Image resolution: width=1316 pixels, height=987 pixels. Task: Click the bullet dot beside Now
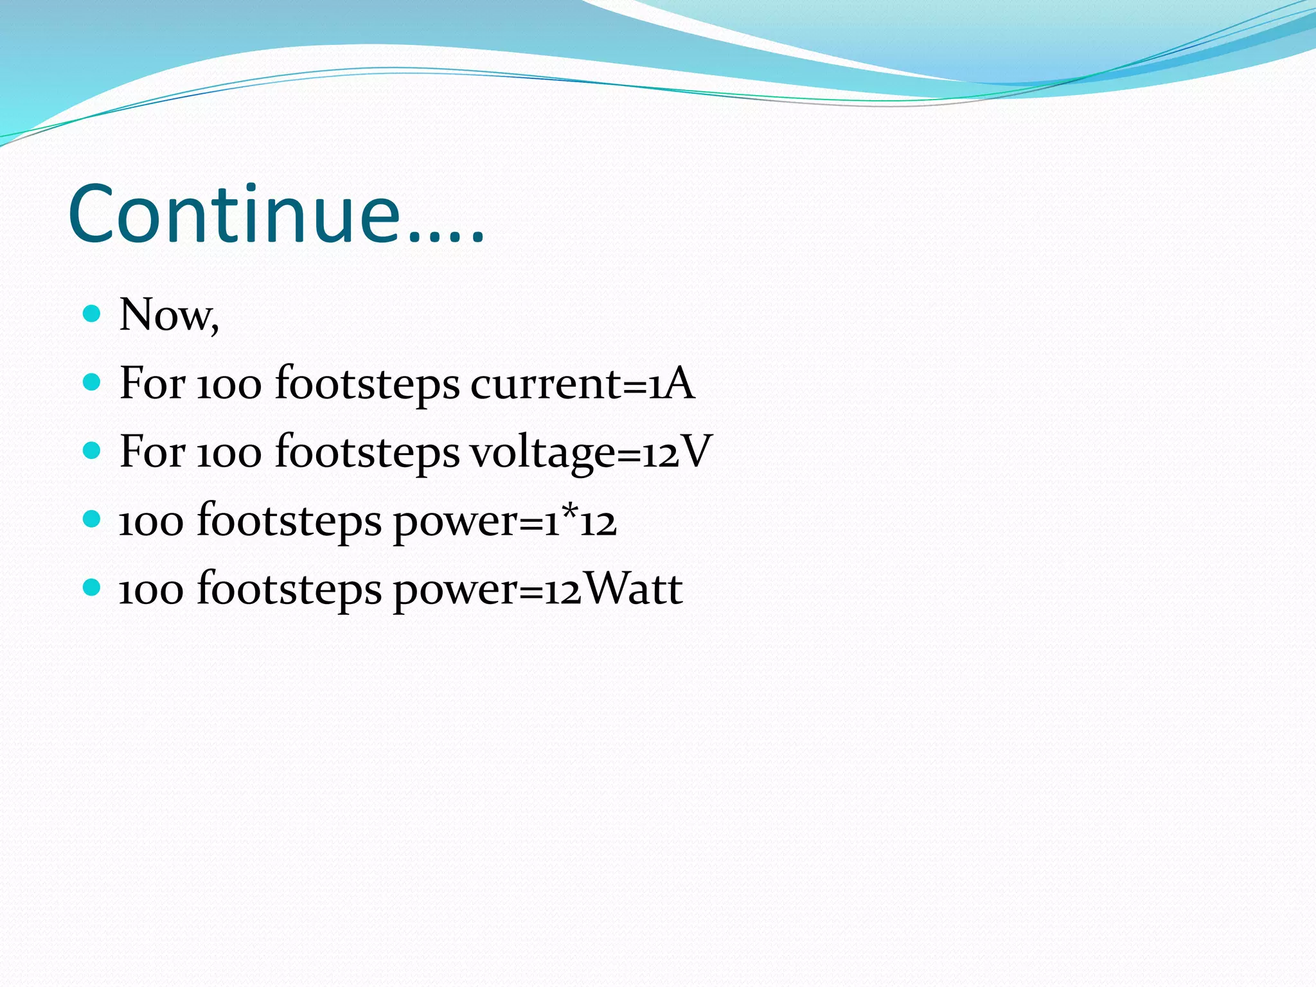point(93,314)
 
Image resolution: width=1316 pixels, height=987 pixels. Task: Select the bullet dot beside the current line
point(93,382)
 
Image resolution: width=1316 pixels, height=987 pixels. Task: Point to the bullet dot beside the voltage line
point(93,450)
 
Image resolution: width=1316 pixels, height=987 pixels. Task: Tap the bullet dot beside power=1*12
point(93,519)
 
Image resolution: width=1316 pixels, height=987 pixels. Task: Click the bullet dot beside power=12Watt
point(93,587)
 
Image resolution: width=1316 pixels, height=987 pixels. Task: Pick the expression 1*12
point(581,520)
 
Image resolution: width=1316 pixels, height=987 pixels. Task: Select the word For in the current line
point(152,384)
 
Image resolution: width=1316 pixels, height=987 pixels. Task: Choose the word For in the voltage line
point(152,452)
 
